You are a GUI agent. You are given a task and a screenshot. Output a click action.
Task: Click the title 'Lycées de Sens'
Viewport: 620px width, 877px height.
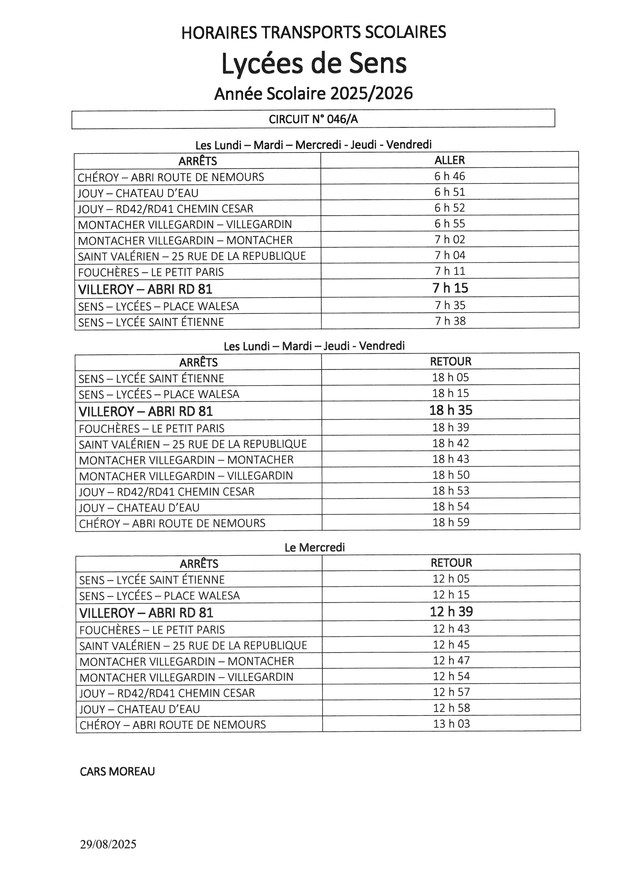coord(314,64)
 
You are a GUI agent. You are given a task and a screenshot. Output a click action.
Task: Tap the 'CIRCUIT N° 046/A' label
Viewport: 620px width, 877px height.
coord(313,120)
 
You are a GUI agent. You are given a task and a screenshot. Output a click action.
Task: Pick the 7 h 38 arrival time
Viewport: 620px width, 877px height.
coord(450,321)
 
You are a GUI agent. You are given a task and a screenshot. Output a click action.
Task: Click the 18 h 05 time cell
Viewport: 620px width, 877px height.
coord(450,377)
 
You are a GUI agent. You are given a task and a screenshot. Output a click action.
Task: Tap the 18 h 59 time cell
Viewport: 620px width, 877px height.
coord(451,522)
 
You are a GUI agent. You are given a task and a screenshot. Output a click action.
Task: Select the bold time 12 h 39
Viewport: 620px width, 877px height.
coord(451,612)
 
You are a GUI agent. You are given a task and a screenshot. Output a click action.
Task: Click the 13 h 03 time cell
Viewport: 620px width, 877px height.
coord(452,724)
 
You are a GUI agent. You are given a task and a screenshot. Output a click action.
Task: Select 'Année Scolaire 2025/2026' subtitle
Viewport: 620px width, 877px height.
coord(313,94)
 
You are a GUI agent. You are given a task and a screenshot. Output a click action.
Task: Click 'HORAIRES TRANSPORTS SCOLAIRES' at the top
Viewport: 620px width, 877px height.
coord(313,32)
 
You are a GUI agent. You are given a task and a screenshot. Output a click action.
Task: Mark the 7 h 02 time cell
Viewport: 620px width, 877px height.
coord(450,239)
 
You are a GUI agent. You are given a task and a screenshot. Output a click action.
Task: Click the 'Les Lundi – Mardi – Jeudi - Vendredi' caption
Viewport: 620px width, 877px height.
coord(314,346)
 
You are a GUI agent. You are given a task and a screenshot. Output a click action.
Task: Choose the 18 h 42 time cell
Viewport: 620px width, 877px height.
coord(451,443)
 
